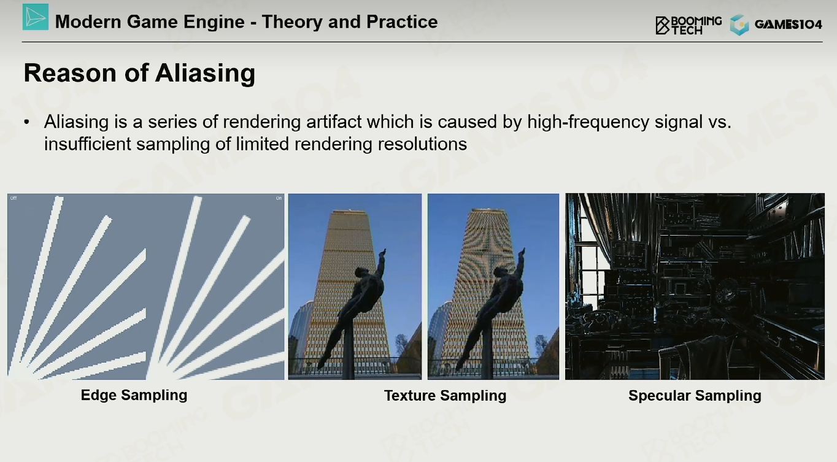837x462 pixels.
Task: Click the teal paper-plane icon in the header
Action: [36, 17]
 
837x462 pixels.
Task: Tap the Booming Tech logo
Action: [688, 25]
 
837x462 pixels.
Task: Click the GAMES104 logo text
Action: [788, 25]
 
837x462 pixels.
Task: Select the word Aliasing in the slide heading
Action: [205, 74]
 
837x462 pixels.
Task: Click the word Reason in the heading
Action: [70, 73]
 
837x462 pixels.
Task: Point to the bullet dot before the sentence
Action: [26, 122]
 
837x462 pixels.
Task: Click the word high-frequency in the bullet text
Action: [588, 122]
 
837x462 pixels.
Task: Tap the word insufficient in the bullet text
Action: [87, 144]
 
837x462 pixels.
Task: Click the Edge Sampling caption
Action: [134, 395]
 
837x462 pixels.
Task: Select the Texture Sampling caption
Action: [445, 396]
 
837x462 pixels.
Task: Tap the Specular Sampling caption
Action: [695, 396]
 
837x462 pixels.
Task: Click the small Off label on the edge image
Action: [13, 198]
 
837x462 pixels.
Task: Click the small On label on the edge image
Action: [279, 198]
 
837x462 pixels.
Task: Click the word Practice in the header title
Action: [402, 21]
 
